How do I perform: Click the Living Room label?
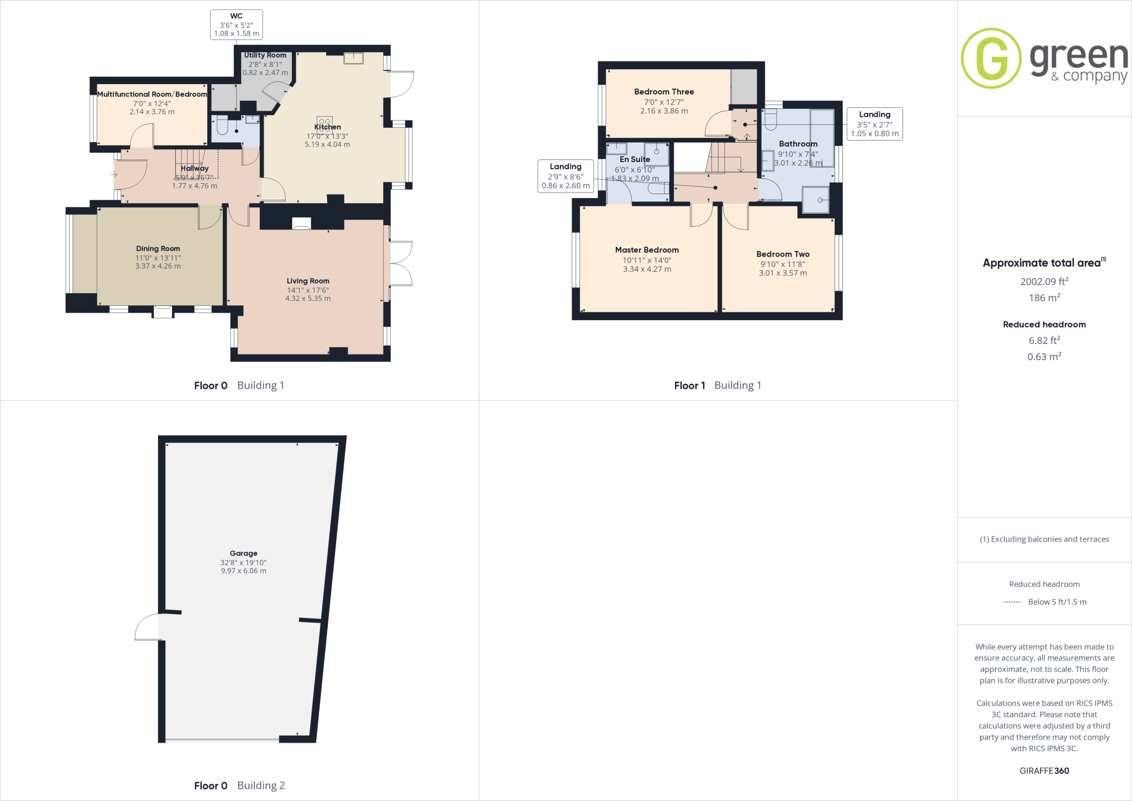pyautogui.click(x=308, y=281)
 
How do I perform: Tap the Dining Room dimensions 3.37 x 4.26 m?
pyautogui.click(x=158, y=266)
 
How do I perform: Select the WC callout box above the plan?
pyautogui.click(x=236, y=25)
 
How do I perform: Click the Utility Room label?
pyautogui.click(x=265, y=55)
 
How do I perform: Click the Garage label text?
pyautogui.click(x=244, y=553)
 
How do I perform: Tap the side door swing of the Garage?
pyautogui.click(x=146, y=627)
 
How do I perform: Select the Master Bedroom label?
pyautogui.click(x=647, y=250)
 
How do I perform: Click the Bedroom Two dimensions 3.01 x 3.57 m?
pyautogui.click(x=783, y=273)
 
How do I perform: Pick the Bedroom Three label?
pyautogui.click(x=664, y=92)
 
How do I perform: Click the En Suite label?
pyautogui.click(x=635, y=159)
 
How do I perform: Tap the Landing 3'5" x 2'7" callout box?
pyautogui.click(x=874, y=124)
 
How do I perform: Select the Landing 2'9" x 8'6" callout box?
pyautogui.click(x=565, y=176)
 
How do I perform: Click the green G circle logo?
pyautogui.click(x=991, y=58)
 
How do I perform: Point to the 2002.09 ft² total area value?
pyautogui.click(x=1044, y=282)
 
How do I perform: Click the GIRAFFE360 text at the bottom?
pyautogui.click(x=1044, y=771)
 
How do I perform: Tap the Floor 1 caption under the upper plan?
pyautogui.click(x=689, y=386)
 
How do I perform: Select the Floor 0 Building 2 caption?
pyautogui.click(x=239, y=786)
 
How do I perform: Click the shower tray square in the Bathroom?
pyautogui.click(x=816, y=200)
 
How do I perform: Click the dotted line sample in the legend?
pyautogui.click(x=1012, y=602)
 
